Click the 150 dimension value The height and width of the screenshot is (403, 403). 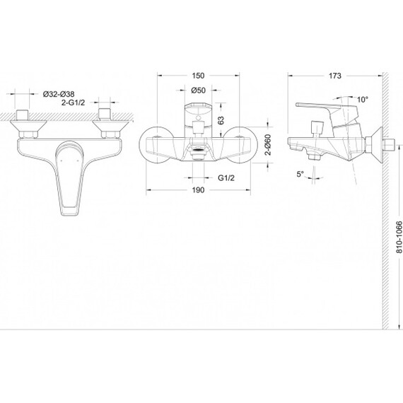(x=198, y=76)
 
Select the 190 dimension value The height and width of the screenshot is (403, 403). (x=198, y=190)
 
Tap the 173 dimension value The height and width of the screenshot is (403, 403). (x=335, y=76)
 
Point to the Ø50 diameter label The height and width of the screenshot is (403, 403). (x=199, y=90)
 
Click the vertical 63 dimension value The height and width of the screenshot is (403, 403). (x=221, y=120)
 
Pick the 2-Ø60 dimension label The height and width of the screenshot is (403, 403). (x=268, y=145)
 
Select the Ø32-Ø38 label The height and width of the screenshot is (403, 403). (x=59, y=94)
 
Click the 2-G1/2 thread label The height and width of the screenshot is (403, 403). (x=73, y=103)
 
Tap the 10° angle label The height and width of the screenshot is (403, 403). (x=363, y=99)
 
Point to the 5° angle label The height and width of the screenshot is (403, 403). (x=300, y=174)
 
